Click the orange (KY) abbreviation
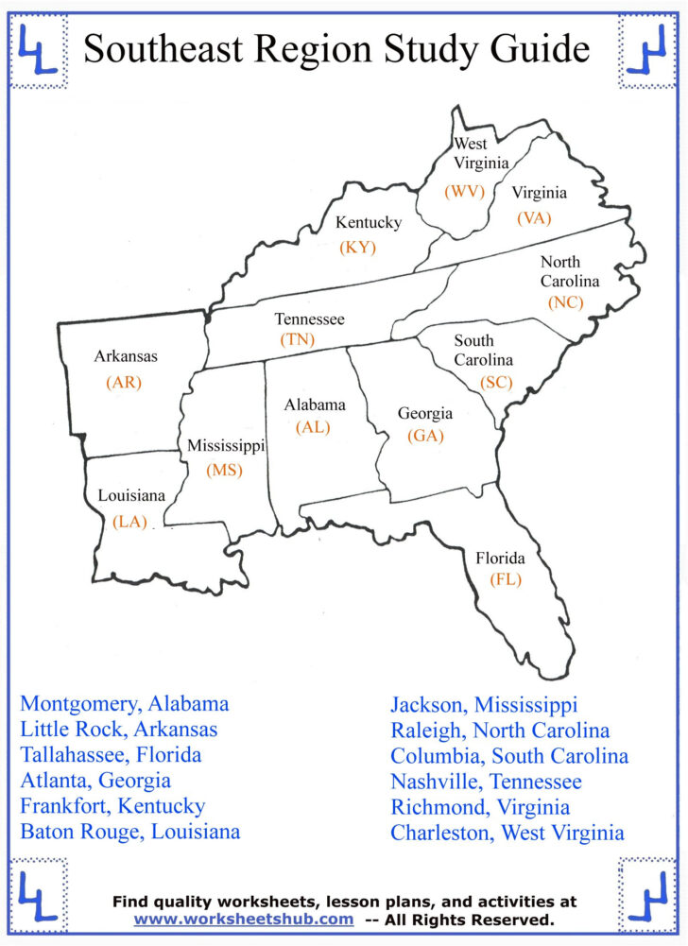point(357,248)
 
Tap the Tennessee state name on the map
point(309,319)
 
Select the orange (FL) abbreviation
point(506,579)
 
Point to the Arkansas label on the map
point(126,356)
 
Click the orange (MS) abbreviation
point(225,470)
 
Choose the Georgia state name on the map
point(424,414)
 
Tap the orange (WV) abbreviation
point(465,191)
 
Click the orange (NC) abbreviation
point(565,302)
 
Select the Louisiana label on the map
point(131,495)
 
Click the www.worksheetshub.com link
point(244,919)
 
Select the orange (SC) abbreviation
point(495,382)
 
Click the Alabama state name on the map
point(315,404)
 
